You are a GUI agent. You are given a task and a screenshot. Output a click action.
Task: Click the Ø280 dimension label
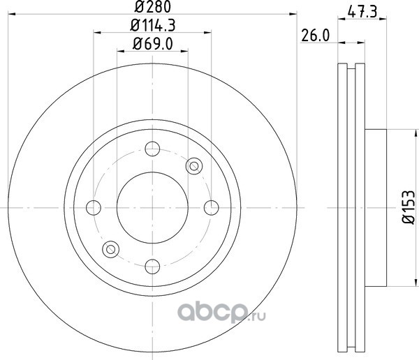click(152, 6)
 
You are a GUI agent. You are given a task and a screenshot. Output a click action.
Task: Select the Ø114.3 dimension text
click(152, 26)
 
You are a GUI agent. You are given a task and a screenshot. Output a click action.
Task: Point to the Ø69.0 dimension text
click(152, 44)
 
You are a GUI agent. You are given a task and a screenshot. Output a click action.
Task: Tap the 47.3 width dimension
click(362, 12)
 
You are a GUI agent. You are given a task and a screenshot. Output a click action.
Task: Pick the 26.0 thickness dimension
click(316, 36)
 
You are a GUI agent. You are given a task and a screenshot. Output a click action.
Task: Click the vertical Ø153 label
click(409, 207)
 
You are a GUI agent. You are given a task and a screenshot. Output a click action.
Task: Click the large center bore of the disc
click(152, 207)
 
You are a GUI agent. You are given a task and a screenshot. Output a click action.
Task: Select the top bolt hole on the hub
click(152, 149)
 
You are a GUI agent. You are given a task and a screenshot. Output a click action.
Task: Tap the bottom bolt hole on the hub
click(152, 267)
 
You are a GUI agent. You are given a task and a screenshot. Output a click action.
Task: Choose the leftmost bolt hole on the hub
click(94, 207)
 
